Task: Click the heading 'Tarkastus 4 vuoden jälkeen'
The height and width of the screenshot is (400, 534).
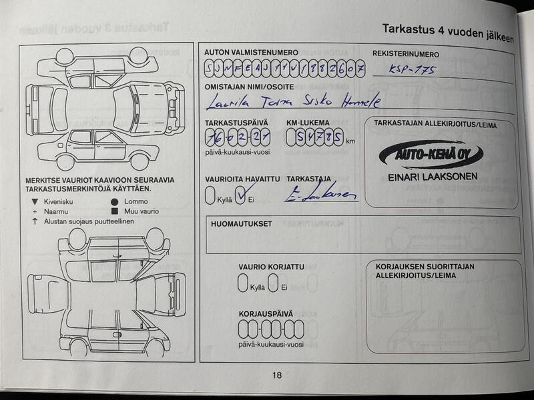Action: (x=447, y=33)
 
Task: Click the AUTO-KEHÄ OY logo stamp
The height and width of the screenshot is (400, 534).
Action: (x=431, y=155)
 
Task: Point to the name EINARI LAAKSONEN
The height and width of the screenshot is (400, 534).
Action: (x=433, y=178)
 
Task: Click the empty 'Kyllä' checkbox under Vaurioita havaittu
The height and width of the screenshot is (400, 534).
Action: (x=210, y=196)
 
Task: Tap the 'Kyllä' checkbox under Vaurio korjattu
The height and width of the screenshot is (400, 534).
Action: (x=243, y=285)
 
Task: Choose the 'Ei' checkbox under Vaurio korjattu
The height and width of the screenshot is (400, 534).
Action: (x=273, y=285)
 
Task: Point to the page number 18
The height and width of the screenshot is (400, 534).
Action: (x=277, y=375)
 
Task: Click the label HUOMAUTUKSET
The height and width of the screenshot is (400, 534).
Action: (x=241, y=224)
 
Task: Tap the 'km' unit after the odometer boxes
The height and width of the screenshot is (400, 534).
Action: (x=350, y=141)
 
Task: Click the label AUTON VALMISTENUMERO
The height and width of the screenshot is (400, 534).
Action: (x=251, y=52)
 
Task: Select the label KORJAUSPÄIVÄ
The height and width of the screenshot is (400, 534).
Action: (x=266, y=313)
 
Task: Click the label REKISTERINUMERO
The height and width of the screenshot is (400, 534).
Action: (x=406, y=54)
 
